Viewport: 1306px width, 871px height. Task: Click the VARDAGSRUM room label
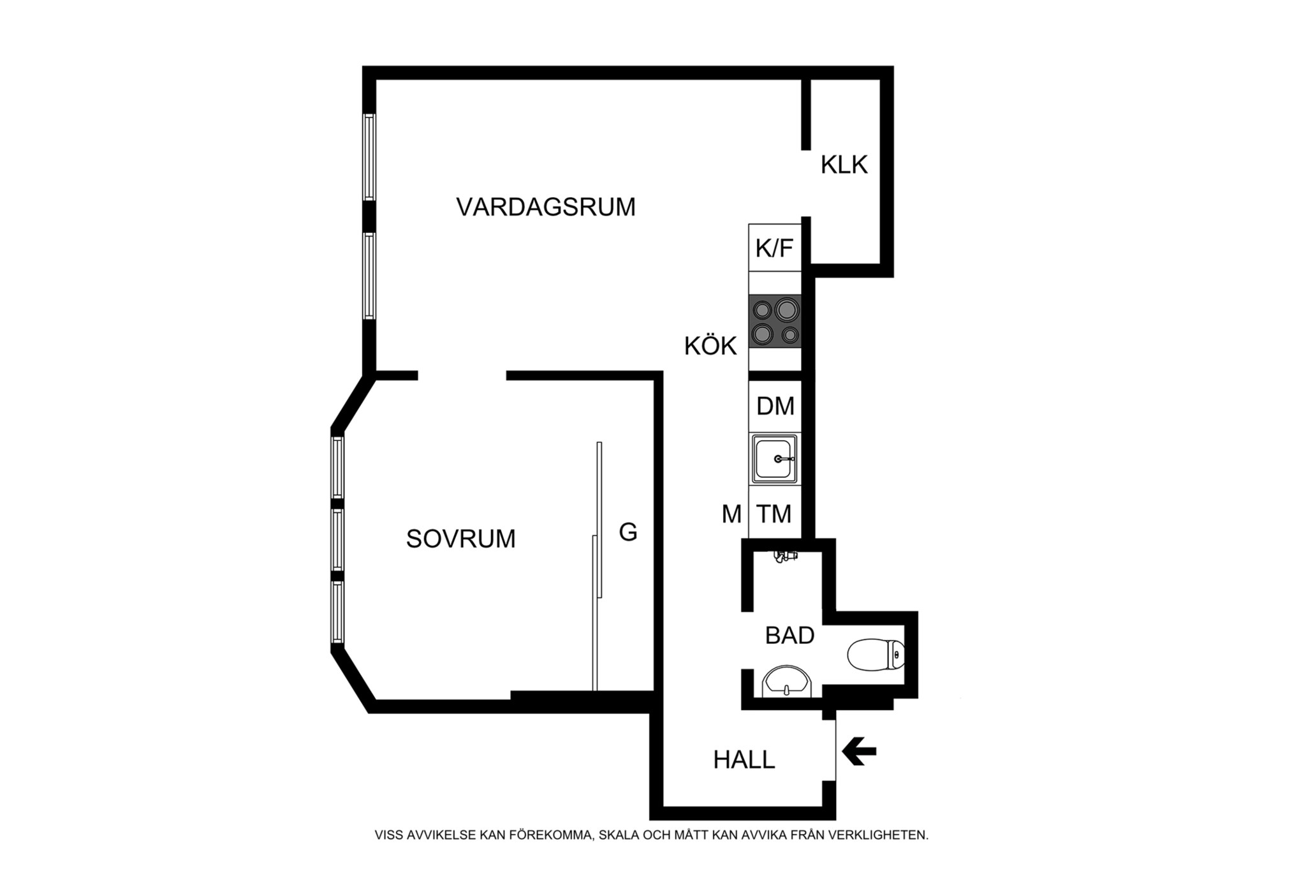coord(546,207)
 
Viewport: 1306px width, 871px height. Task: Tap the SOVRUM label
coord(460,539)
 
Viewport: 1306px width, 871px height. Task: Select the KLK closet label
coord(844,165)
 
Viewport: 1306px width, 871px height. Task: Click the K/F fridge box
coord(774,248)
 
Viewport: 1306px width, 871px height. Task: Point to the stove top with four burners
coord(775,322)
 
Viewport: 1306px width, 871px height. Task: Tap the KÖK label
coord(710,346)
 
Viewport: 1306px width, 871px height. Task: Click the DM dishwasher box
coord(775,406)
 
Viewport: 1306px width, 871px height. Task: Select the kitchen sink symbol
coord(775,459)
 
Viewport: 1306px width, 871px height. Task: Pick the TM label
coord(774,514)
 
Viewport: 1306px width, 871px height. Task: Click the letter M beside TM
coord(731,514)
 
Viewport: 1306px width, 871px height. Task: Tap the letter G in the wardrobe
coord(628,532)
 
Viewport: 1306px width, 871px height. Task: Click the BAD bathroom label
coord(789,636)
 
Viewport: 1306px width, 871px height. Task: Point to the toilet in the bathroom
coord(876,655)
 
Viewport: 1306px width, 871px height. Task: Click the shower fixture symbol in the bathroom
coord(785,556)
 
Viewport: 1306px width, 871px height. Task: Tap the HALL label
coord(744,760)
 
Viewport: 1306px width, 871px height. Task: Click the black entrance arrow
coord(859,751)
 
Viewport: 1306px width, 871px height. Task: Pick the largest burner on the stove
coord(787,310)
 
